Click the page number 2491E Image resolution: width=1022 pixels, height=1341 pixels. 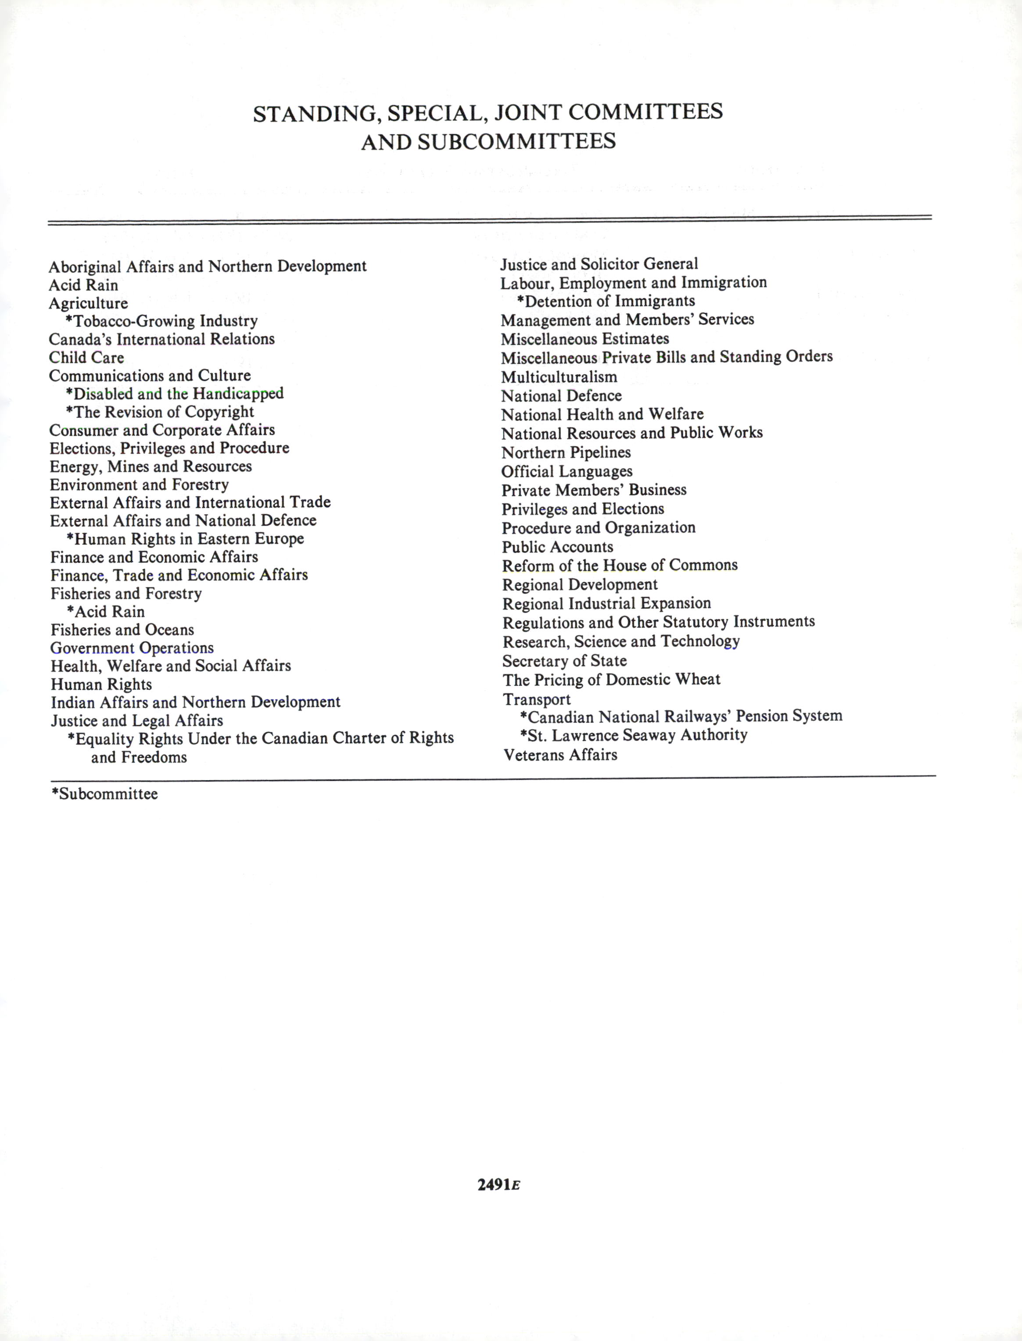coord(499,1185)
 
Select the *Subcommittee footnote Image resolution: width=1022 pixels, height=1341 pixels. coord(104,794)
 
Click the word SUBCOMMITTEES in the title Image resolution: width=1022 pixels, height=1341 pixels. coord(516,142)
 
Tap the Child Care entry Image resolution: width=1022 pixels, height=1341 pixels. coord(86,357)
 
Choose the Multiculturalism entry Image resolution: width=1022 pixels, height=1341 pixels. coord(559,377)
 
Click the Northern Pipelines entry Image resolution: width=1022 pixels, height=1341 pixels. coord(566,452)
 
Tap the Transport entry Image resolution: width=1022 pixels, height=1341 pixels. coord(537,699)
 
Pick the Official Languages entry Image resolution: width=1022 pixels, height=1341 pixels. coord(567,471)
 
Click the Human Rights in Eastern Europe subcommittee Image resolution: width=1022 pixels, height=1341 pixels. coord(186,539)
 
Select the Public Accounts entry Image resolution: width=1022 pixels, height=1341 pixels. coord(557,547)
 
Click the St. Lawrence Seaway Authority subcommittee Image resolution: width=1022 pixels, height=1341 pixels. coord(634,735)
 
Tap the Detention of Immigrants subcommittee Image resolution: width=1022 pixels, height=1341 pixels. coord(606,301)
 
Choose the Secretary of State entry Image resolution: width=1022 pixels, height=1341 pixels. coord(564,661)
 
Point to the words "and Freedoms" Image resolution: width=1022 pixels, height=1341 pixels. coord(139,757)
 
